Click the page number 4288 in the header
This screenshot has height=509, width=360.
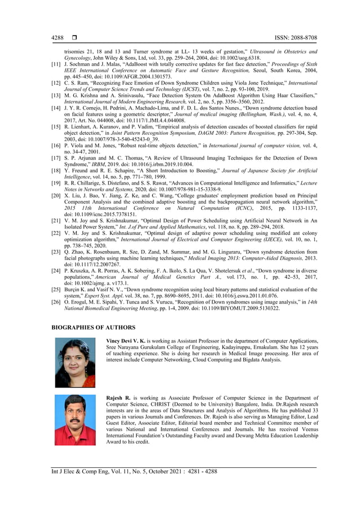point(58,37)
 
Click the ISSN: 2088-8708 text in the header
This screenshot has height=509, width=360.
point(296,37)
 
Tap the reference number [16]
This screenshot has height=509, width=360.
point(56,146)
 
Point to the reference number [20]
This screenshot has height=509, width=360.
point(56,193)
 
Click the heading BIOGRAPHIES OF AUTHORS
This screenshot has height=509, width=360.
point(93,327)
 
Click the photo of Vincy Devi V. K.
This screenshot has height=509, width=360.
point(75,362)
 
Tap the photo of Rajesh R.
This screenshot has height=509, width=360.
point(75,420)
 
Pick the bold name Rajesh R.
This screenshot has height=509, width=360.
point(118,398)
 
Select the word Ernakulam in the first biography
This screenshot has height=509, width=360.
point(293,348)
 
